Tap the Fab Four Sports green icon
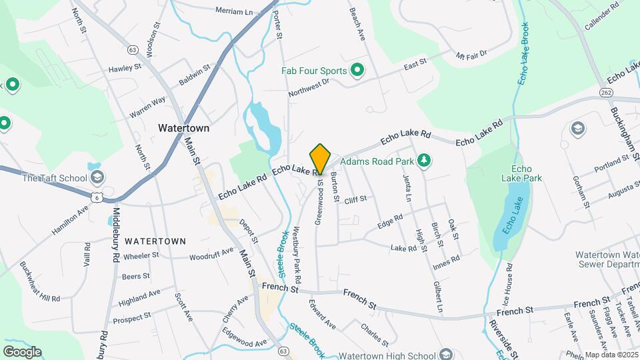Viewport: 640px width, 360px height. (357, 70)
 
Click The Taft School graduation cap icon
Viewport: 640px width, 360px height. (97, 177)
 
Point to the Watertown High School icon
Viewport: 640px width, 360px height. (447, 354)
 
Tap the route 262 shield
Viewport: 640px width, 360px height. (605, 92)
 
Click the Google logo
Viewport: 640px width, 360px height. (22, 351)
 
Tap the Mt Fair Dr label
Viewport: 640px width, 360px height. (472, 54)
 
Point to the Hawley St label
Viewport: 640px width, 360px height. (125, 68)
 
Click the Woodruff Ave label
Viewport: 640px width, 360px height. (211, 254)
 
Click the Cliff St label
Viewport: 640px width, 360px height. (355, 199)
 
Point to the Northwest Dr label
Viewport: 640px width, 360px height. (309, 87)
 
